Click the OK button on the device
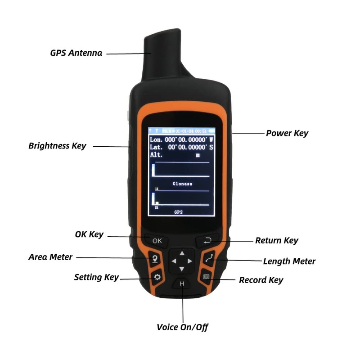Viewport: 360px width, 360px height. [157, 241]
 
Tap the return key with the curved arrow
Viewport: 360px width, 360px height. [207, 241]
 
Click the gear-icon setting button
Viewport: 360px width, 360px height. [157, 277]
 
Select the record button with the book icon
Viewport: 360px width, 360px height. [207, 277]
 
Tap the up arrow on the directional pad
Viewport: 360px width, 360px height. [181, 253]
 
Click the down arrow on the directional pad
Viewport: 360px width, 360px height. [181, 269]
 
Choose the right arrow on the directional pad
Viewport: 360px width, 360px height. [190, 261]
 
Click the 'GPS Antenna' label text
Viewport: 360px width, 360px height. [76, 53]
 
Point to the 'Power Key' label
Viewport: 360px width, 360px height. [287, 133]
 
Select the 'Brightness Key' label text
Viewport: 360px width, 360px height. [57, 146]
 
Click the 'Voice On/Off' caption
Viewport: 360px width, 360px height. [182, 327]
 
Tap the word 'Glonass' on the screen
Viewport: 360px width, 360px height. [182, 184]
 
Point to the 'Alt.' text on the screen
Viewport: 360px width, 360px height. [156, 155]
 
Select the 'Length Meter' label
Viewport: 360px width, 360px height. [289, 261]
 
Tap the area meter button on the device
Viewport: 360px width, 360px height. [154, 259]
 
